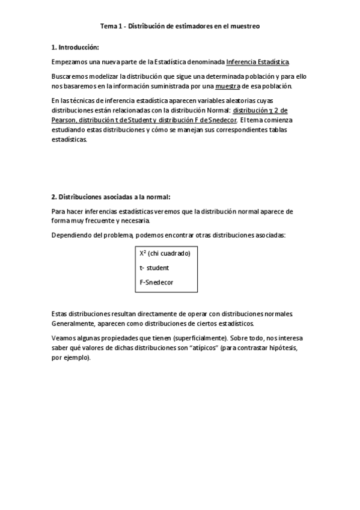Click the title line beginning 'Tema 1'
[180, 26]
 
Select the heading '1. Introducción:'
[75, 47]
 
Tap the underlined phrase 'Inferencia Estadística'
[257, 62]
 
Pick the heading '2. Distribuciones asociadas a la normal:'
[111, 197]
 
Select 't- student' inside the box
[154, 268]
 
